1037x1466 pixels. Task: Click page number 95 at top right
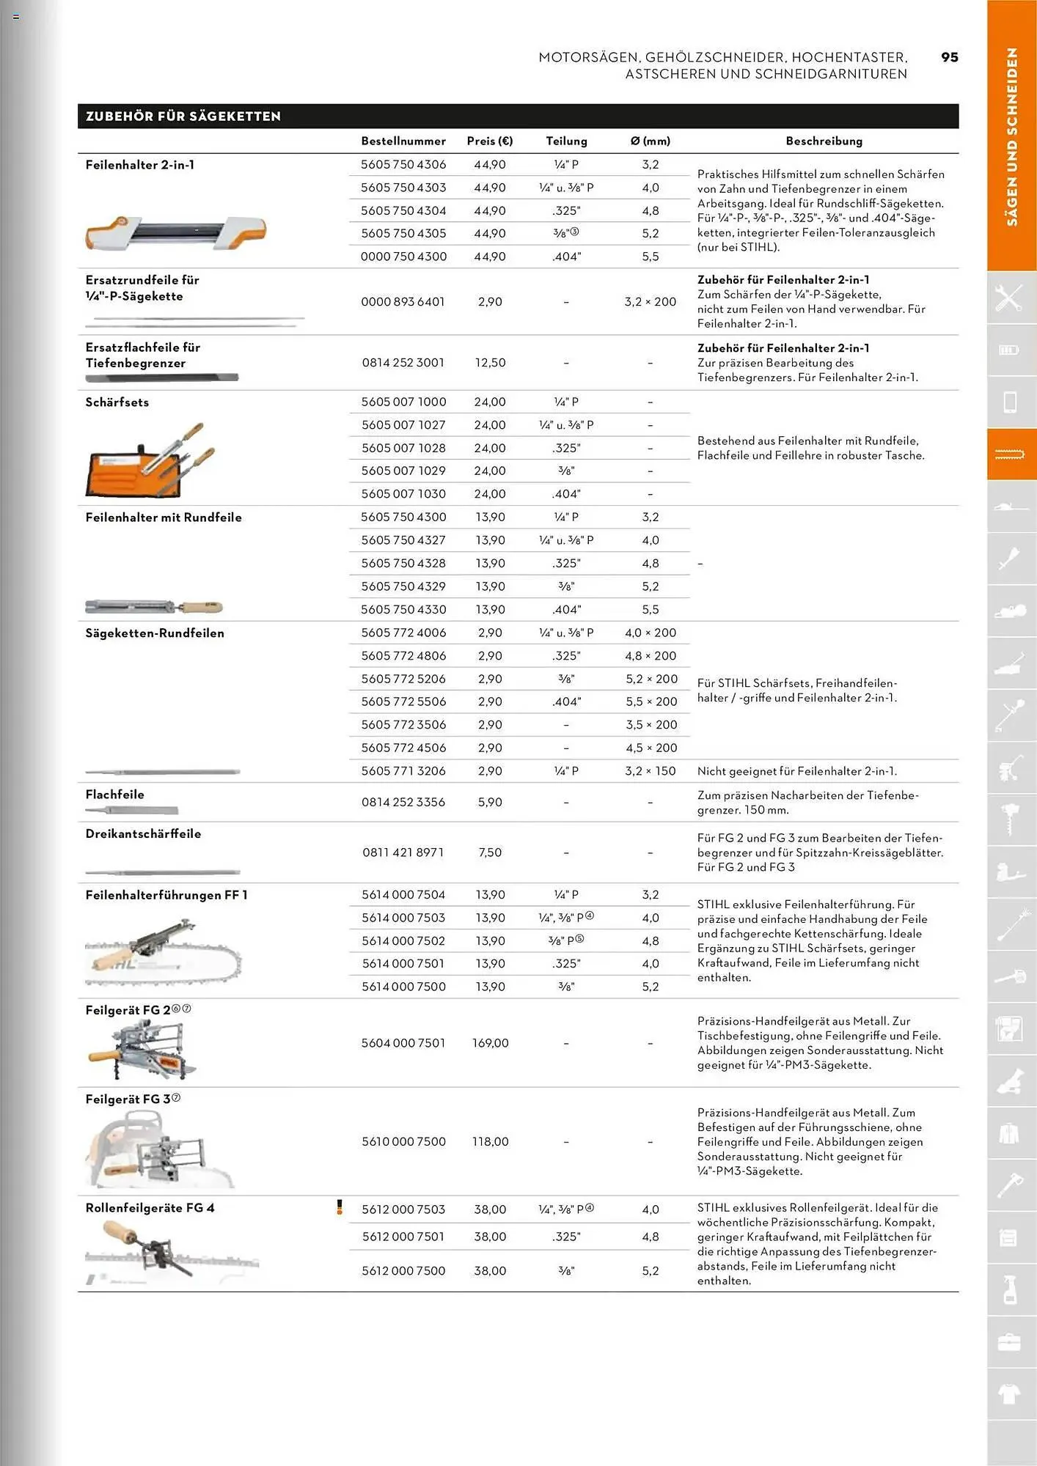949,57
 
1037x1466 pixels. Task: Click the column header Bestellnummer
403,141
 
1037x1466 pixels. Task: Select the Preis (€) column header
489,141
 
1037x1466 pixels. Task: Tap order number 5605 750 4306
403,164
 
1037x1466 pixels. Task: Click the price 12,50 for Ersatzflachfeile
489,362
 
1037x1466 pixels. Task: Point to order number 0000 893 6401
403,301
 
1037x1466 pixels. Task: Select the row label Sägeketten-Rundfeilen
155,633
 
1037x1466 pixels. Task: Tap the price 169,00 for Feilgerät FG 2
490,1042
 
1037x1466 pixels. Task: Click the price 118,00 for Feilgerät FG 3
490,1141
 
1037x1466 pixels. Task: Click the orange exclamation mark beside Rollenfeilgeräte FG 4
339,1207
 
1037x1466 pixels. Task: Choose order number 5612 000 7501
403,1237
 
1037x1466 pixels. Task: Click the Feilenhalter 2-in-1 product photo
175,232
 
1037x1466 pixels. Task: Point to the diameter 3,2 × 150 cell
650,770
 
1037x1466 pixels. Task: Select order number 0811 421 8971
403,852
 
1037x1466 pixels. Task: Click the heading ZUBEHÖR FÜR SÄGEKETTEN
183,116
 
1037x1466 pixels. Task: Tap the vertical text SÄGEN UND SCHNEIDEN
1011,136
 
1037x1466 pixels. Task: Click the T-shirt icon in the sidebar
1010,1393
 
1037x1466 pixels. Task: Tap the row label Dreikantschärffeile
143,833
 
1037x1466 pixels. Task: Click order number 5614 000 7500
403,986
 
